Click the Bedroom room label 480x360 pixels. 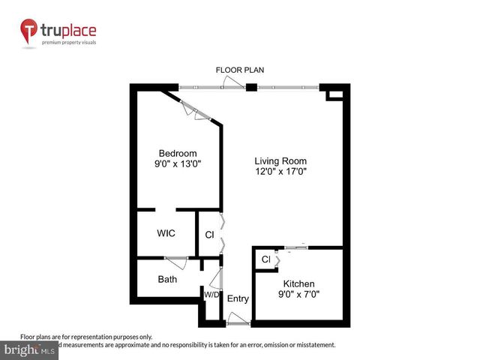pyautogui.click(x=178, y=152)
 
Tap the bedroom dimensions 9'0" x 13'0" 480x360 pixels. pyautogui.click(x=178, y=163)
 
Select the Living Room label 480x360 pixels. pyautogui.click(x=280, y=160)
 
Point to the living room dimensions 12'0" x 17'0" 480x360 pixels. pyautogui.click(x=280, y=171)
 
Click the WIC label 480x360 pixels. pyautogui.click(x=166, y=233)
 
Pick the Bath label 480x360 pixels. pyautogui.click(x=167, y=280)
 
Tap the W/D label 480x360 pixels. pyautogui.click(x=211, y=295)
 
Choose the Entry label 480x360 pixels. pyautogui.click(x=238, y=299)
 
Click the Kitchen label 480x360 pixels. pyautogui.click(x=298, y=284)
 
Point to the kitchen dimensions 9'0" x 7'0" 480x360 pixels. pyautogui.click(x=298, y=295)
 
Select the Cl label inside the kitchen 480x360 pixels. pyautogui.click(x=265, y=259)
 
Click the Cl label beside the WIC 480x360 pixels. pyautogui.click(x=209, y=235)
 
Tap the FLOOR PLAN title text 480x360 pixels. pyautogui.click(x=240, y=70)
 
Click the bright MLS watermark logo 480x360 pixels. pyautogui.click(x=30, y=350)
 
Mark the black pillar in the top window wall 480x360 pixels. pyautogui.click(x=252, y=87)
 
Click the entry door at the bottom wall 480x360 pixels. pyautogui.click(x=238, y=322)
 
